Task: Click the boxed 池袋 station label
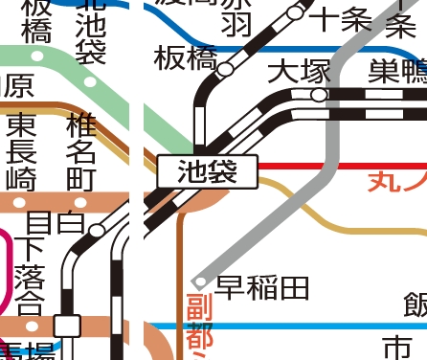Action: [207, 172]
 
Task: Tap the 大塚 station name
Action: [298, 72]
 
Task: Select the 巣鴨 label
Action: [397, 72]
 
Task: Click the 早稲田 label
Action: [262, 286]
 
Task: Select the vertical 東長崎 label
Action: [20, 150]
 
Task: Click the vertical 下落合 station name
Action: [30, 278]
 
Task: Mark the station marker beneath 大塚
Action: [320, 95]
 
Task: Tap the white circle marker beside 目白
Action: [97, 231]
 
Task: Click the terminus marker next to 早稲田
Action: [200, 281]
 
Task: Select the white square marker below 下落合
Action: [66, 326]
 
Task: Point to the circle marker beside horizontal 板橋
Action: [226, 69]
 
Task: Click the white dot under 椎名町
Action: [79, 203]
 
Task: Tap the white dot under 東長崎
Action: [20, 203]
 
